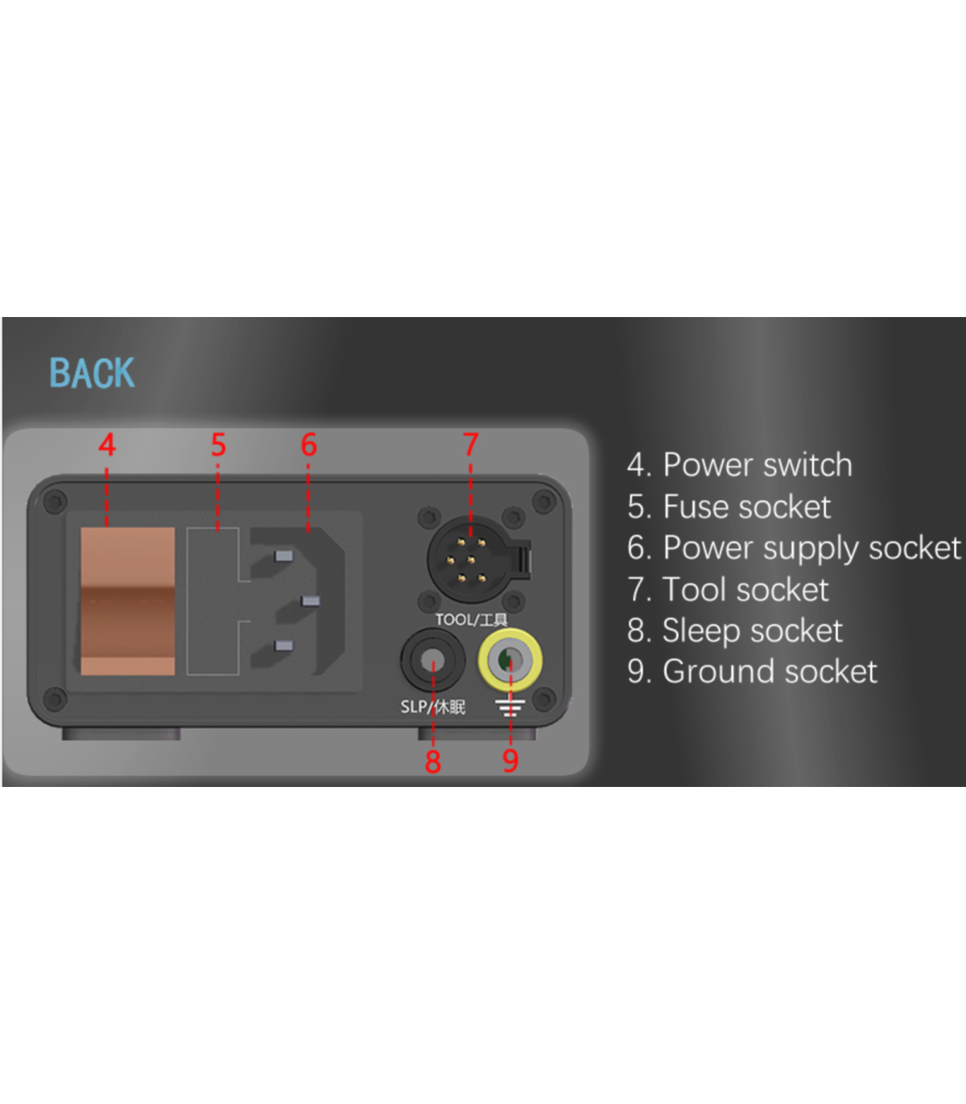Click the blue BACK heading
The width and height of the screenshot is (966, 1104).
pyautogui.click(x=92, y=373)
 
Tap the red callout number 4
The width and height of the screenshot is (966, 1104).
pyautogui.click(x=107, y=445)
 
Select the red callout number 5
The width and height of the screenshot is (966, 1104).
pyautogui.click(x=218, y=445)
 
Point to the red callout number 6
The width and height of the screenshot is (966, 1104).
pyautogui.click(x=308, y=445)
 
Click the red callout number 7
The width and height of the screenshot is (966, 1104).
pyautogui.click(x=470, y=445)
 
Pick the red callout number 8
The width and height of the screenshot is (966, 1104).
pyautogui.click(x=432, y=761)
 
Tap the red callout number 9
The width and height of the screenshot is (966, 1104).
pyautogui.click(x=510, y=760)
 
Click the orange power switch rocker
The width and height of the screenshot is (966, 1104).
pyautogui.click(x=127, y=601)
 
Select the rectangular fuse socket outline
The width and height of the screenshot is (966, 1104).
pyautogui.click(x=213, y=601)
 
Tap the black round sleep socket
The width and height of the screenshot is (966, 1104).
pyautogui.click(x=432, y=661)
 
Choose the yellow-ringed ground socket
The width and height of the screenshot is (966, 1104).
pyautogui.click(x=510, y=660)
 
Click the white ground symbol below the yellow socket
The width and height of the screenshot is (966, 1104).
pyautogui.click(x=510, y=707)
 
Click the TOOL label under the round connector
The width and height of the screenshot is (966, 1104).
pyautogui.click(x=454, y=620)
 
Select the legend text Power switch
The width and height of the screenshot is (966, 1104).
pyautogui.click(x=758, y=464)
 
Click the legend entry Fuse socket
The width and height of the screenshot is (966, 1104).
pyautogui.click(x=747, y=506)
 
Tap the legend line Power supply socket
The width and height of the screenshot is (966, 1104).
pyautogui.click(x=812, y=548)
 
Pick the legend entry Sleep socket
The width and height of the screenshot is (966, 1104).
pyautogui.click(x=753, y=631)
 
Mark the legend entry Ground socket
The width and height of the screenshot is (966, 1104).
pyautogui.click(x=770, y=671)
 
